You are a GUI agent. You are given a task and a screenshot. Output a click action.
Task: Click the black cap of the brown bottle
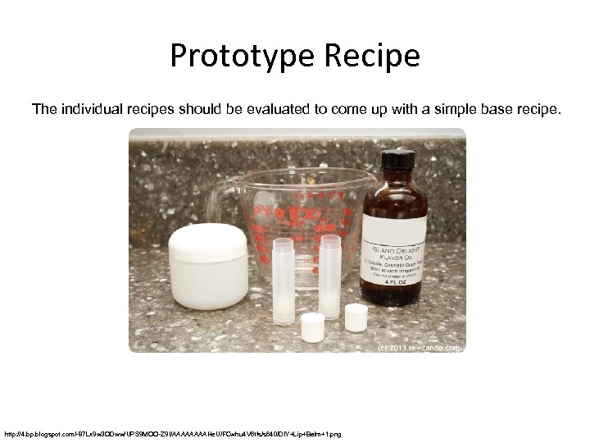(397, 159)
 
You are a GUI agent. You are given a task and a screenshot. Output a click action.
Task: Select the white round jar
(207, 267)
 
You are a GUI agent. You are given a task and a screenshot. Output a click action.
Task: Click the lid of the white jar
(207, 241)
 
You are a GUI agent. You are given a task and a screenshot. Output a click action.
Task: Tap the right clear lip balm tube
(329, 275)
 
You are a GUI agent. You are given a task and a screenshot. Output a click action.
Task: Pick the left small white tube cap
(312, 327)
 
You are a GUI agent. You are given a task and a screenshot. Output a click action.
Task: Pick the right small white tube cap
(356, 317)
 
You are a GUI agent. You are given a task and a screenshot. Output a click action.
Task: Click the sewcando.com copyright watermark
(420, 347)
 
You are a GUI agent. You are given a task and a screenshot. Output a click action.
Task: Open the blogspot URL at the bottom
(172, 433)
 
